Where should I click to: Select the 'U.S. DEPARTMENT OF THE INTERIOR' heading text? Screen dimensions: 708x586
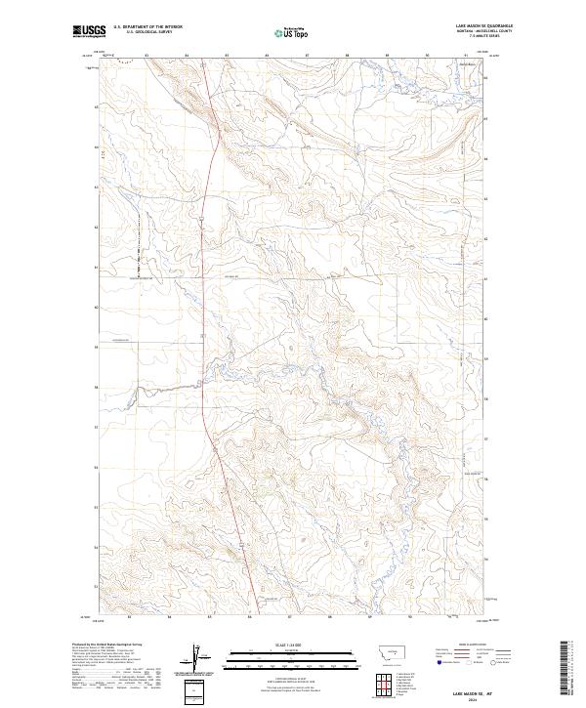pos(144,28)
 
